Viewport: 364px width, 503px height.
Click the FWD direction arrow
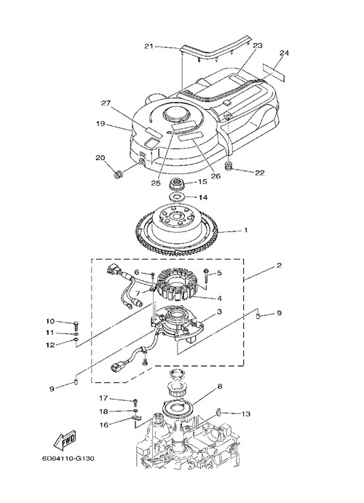point(65,440)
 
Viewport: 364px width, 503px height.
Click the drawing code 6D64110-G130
point(68,458)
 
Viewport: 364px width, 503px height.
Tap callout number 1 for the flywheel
point(246,230)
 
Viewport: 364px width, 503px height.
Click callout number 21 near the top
point(149,46)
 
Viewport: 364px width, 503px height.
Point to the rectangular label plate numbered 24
point(274,73)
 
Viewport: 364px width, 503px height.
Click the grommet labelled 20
point(119,175)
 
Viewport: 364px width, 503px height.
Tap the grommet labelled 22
point(229,166)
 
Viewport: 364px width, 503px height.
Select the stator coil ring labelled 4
point(178,285)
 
